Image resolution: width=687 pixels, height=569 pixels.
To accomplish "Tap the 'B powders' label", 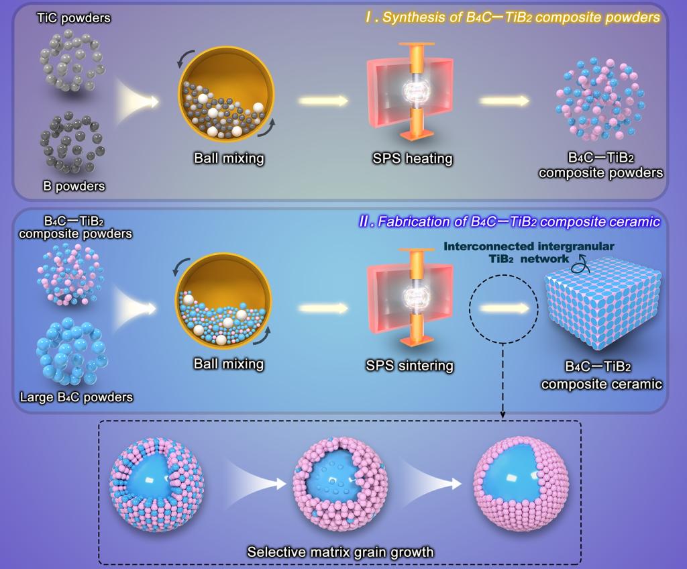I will point(75,185).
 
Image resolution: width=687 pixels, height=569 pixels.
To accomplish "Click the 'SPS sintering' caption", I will point(410,366).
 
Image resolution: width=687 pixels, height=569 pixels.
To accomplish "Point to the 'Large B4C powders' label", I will point(76,397).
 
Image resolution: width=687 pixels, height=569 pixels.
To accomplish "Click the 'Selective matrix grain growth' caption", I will point(340,552).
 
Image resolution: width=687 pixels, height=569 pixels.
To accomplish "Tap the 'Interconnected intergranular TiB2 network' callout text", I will point(529,252).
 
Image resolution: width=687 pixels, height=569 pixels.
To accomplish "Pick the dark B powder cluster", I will point(70,142).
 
